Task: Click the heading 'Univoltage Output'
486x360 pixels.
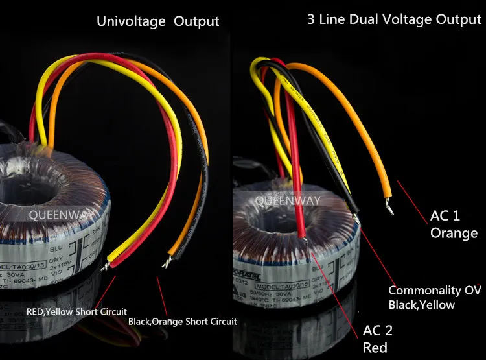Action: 157,21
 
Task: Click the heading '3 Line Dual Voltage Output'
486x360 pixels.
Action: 394,19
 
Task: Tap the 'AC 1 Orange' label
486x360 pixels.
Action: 454,224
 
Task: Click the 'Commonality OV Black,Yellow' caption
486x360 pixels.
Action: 434,297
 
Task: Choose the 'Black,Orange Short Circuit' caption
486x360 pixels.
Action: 182,321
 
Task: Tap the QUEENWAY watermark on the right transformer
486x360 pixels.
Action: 287,200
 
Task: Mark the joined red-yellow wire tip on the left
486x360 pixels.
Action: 110,263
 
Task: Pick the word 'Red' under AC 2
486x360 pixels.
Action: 375,348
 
